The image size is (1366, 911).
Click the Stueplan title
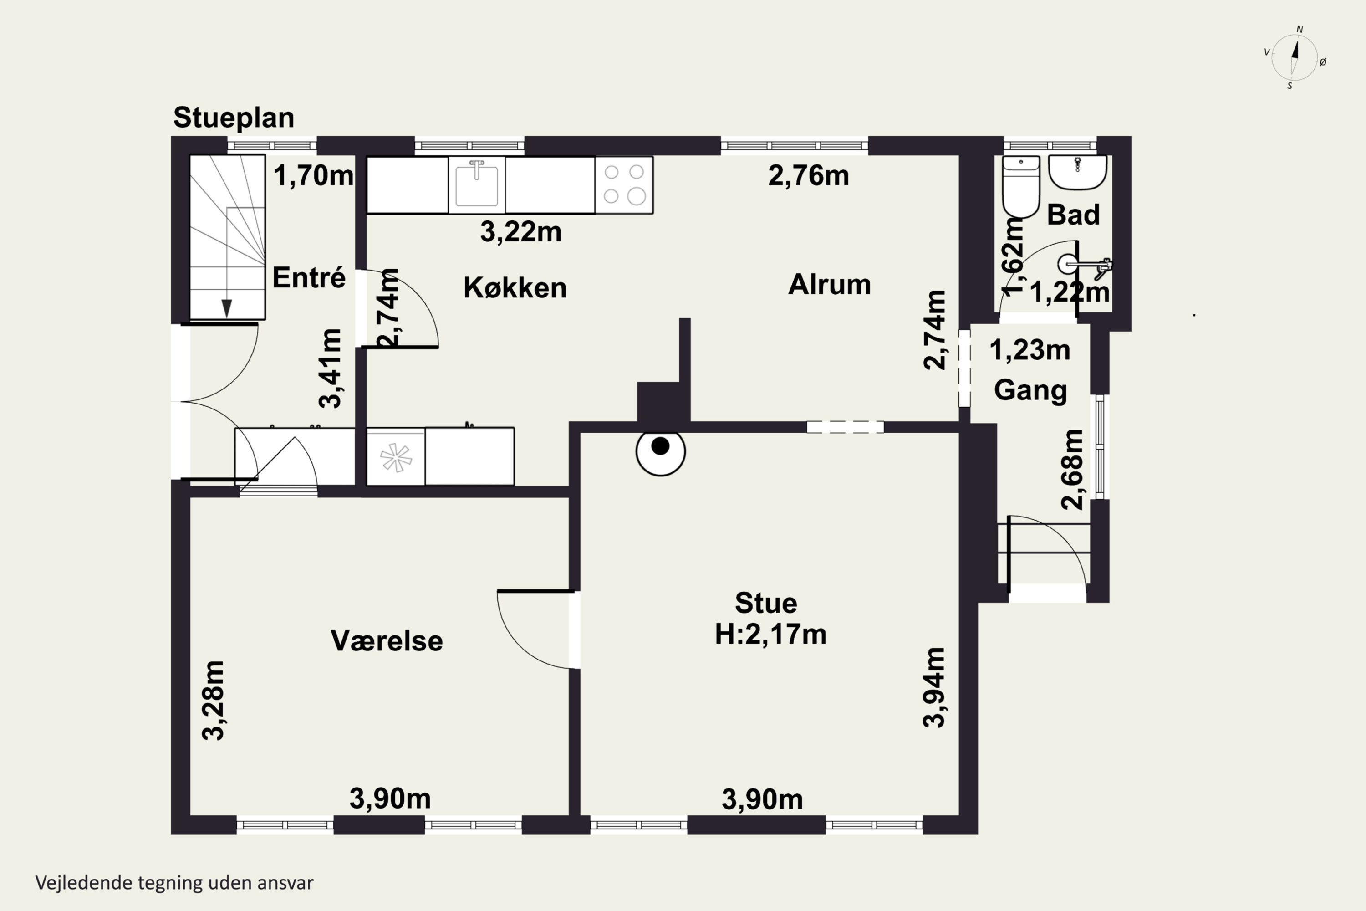(x=234, y=118)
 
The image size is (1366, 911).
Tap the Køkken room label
(x=515, y=287)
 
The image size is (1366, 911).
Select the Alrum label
(x=829, y=285)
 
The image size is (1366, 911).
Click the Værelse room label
(x=387, y=641)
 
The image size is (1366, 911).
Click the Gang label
(x=1031, y=390)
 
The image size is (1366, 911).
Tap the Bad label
(x=1073, y=215)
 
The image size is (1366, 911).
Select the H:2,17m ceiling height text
(x=771, y=634)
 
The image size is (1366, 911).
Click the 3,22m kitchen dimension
(x=521, y=232)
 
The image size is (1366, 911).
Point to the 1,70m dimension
(x=314, y=175)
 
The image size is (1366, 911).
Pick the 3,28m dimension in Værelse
(x=213, y=700)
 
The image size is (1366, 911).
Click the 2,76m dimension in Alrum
(x=809, y=175)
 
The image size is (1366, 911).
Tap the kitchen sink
(x=476, y=184)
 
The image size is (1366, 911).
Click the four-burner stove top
(x=624, y=185)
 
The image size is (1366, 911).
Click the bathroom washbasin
(x=1077, y=173)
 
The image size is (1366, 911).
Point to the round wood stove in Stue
(x=660, y=451)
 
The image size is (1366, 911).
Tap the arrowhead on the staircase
(x=226, y=308)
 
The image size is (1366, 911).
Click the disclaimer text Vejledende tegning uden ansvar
(x=174, y=883)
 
